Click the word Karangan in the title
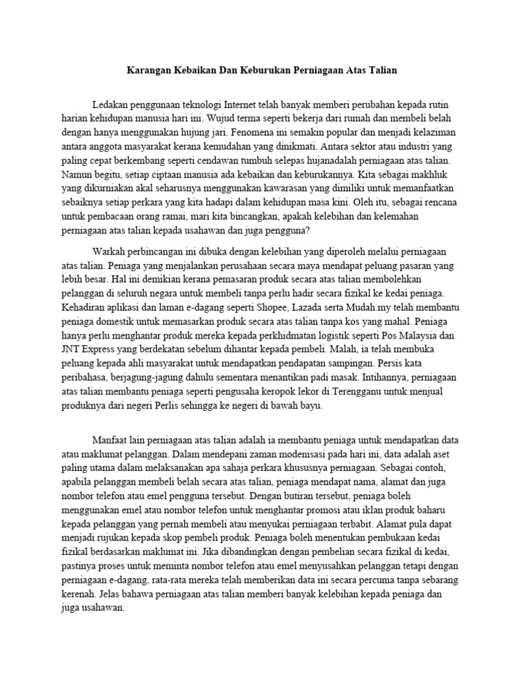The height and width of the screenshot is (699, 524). tap(151, 70)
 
